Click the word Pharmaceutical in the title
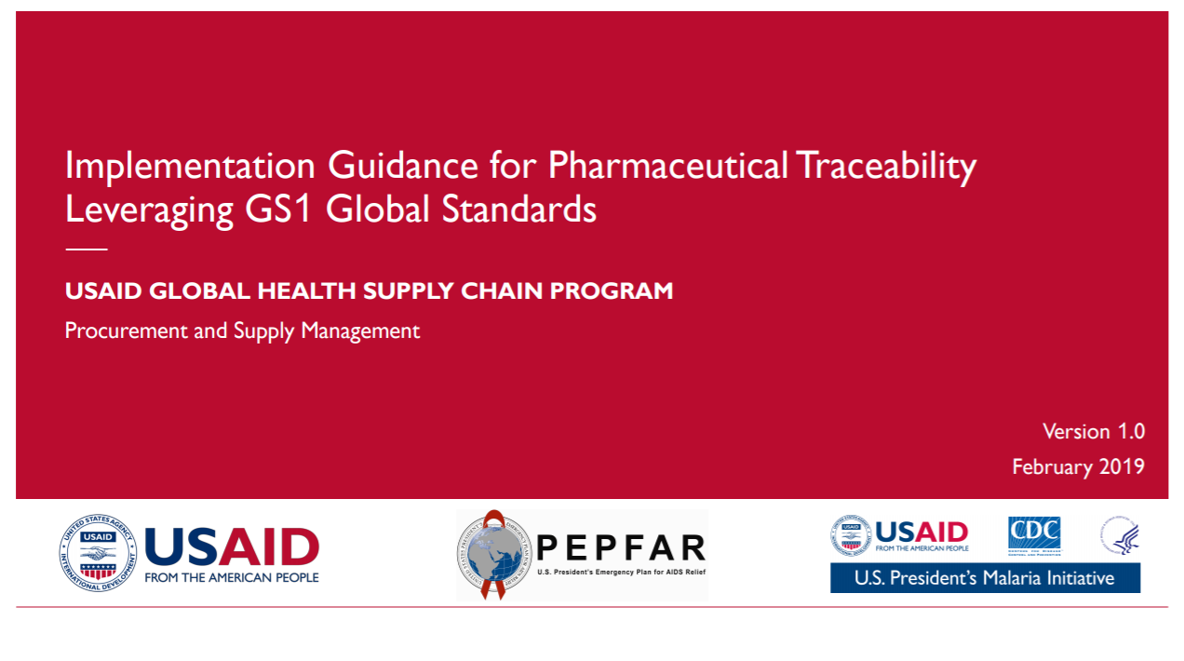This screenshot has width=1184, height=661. click(x=666, y=166)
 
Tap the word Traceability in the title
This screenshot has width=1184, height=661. click(x=885, y=166)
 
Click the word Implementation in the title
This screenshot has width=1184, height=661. click(x=190, y=166)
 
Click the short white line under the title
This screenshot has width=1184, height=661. click(x=87, y=250)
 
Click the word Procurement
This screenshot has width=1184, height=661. click(x=127, y=330)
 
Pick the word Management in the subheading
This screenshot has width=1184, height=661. click(x=360, y=330)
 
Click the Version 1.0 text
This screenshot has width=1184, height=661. click(x=1093, y=432)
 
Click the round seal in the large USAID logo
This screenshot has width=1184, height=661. click(x=98, y=552)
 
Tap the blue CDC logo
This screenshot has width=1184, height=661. click(x=1034, y=534)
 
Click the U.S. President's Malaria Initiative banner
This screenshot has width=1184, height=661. click(x=985, y=578)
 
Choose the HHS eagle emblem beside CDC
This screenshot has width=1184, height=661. click(x=1120, y=535)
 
